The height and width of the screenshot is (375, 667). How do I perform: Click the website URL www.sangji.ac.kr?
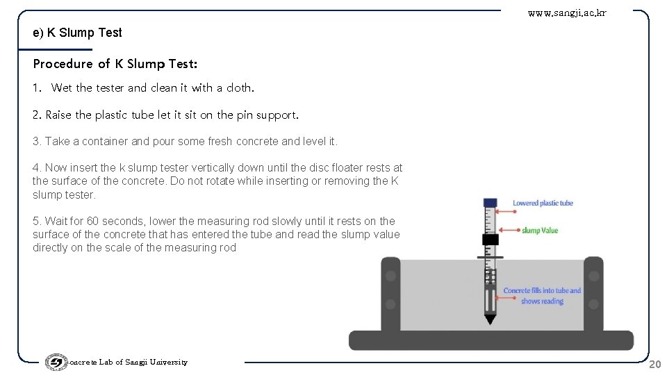(x=567, y=13)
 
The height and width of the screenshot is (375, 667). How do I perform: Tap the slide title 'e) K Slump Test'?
(x=77, y=33)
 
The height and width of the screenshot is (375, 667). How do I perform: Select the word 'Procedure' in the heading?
(x=63, y=64)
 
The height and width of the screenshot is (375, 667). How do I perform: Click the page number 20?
(x=654, y=364)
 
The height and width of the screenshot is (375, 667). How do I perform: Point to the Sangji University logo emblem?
(x=56, y=362)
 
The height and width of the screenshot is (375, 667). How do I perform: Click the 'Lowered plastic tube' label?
(x=543, y=203)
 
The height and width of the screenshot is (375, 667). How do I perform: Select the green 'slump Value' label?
(x=540, y=231)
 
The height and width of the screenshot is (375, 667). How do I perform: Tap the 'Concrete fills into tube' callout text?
(x=542, y=296)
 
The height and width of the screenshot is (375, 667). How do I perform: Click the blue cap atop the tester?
(x=490, y=202)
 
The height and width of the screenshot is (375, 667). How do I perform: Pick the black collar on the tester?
(x=490, y=240)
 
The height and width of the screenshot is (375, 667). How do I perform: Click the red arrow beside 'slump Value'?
(x=509, y=230)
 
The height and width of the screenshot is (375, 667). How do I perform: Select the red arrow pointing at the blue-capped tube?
(x=506, y=211)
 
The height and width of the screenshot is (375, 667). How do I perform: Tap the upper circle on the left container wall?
(x=390, y=276)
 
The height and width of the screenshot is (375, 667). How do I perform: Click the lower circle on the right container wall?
(x=593, y=304)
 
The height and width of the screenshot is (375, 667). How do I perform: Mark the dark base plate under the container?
(x=491, y=340)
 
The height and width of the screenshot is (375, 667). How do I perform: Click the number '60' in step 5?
(x=92, y=221)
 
